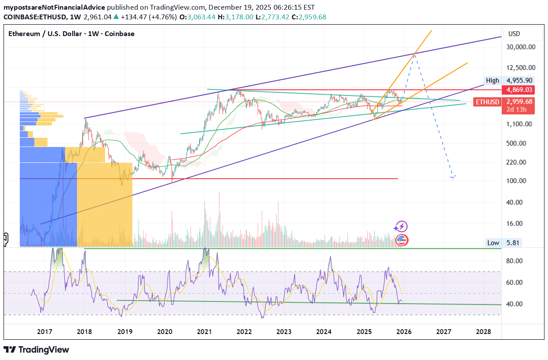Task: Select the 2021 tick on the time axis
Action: [205, 331]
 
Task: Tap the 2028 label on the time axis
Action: [483, 331]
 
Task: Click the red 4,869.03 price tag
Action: [519, 90]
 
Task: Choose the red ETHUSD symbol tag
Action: [487, 102]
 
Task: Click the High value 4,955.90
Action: [519, 81]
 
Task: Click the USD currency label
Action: [514, 34]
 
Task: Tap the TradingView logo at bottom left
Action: [37, 349]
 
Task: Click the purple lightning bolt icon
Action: [401, 227]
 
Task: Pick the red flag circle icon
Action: [402, 240]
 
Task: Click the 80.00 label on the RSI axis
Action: [514, 261]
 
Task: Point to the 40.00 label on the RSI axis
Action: [514, 304]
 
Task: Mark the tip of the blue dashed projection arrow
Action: [453, 178]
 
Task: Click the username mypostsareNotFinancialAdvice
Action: [54, 7]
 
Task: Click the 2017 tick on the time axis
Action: [45, 331]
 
